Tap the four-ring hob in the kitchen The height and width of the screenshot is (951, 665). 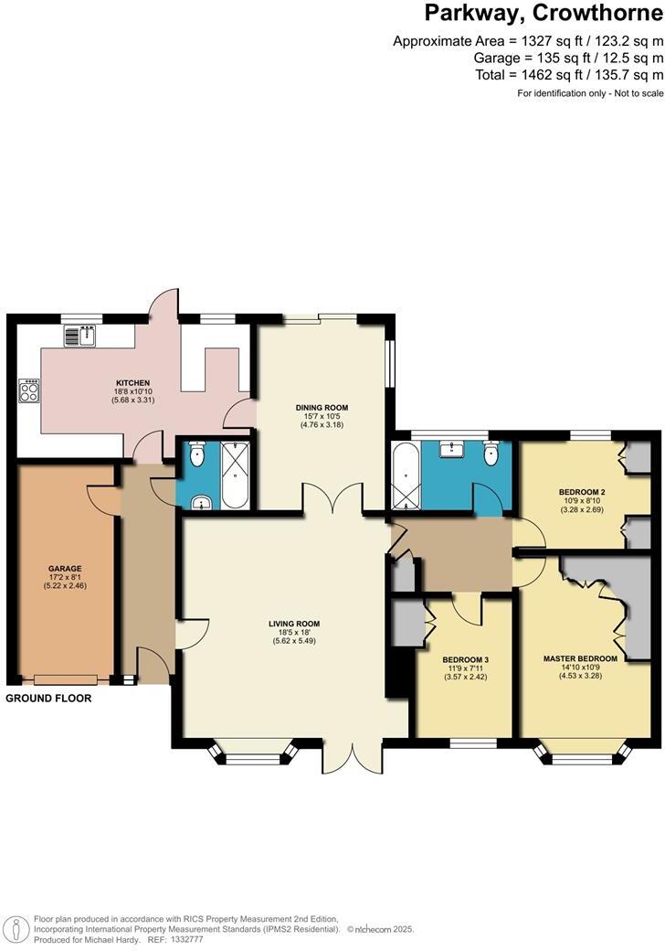coord(29,391)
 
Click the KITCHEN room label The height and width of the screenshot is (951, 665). coord(132,383)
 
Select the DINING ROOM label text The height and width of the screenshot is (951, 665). coord(321,408)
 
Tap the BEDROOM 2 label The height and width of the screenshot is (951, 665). coord(581,492)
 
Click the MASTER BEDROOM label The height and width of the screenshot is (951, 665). coord(580,658)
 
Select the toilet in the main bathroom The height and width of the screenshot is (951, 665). coord(492,453)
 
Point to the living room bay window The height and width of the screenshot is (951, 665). coord(254,756)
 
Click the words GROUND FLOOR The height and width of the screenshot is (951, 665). coord(48,698)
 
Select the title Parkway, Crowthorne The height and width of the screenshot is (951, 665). coord(543,15)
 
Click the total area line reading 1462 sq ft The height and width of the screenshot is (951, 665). coord(569,74)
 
